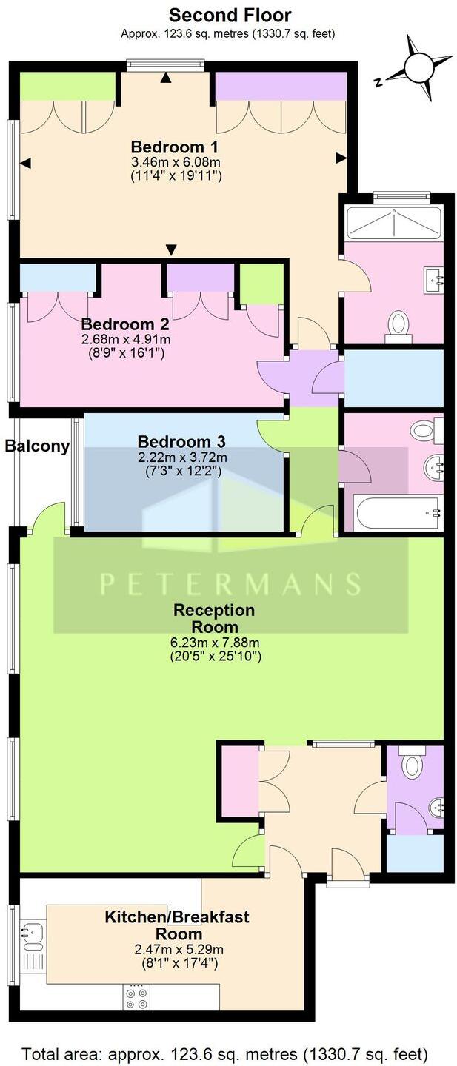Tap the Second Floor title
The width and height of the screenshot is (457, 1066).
pyautogui.click(x=230, y=15)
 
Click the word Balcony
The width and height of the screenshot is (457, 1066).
pyautogui.click(x=37, y=446)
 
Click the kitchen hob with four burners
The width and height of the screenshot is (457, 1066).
pyautogui.click(x=136, y=996)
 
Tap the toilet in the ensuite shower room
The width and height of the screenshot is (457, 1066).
pyautogui.click(x=399, y=324)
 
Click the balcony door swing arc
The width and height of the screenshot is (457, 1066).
pyautogui.click(x=49, y=516)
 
